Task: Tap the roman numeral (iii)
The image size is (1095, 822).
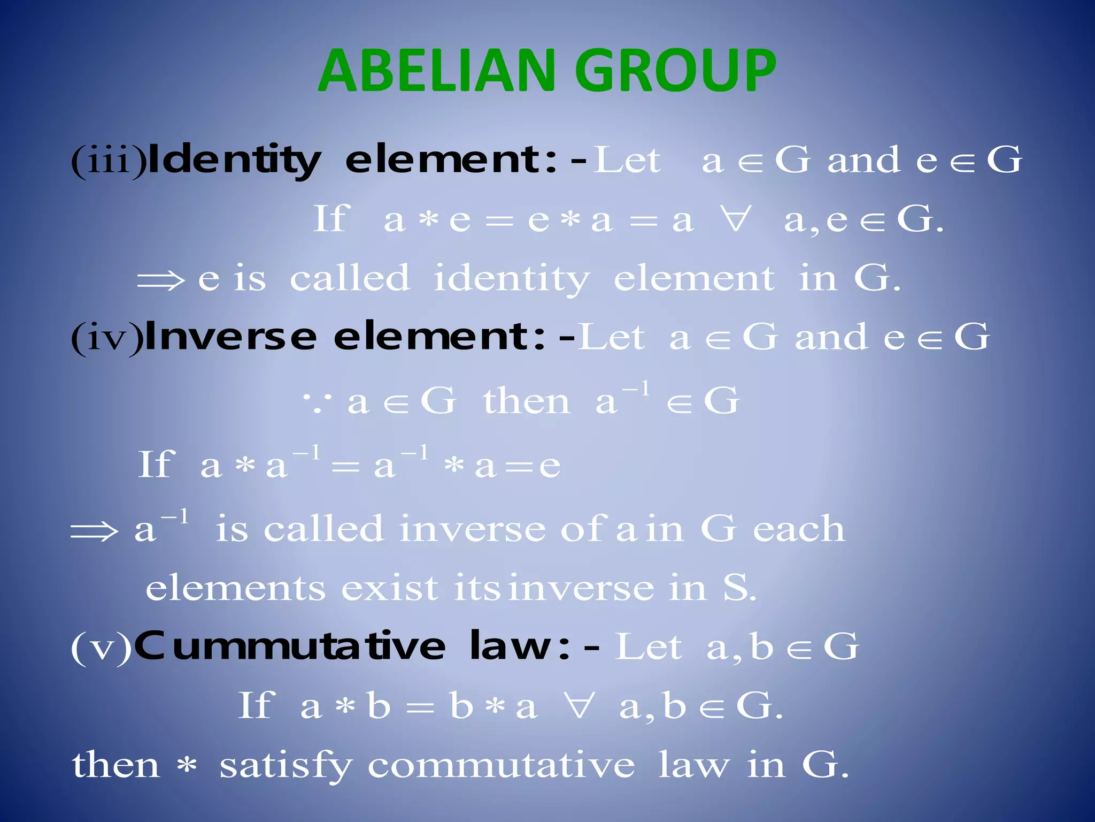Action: click(108, 161)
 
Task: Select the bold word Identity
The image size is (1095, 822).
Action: click(234, 161)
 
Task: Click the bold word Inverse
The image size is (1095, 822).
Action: click(231, 337)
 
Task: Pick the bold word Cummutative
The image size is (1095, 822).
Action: click(289, 646)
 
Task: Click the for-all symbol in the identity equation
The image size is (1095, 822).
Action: click(736, 220)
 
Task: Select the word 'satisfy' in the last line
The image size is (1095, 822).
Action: click(286, 766)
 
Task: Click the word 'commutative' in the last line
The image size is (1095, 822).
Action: click(501, 766)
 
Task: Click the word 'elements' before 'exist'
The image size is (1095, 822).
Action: click(235, 588)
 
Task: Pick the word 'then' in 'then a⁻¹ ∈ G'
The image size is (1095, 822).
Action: click(526, 401)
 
